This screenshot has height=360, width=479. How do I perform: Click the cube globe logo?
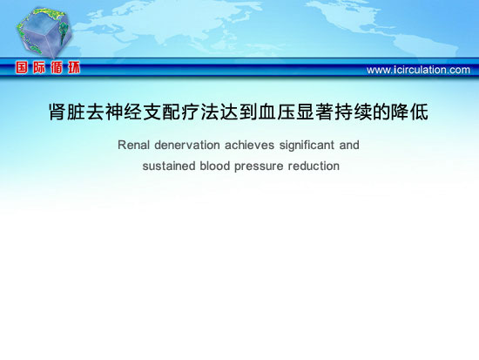click(44, 33)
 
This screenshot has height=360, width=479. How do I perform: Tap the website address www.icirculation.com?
click(418, 70)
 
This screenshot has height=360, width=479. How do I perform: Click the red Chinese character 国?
click(22, 67)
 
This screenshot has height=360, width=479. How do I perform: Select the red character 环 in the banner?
click(74, 67)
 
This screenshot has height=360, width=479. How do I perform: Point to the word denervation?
click(187, 145)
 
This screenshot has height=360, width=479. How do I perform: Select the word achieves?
click(249, 145)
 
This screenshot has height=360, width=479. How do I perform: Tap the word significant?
click(307, 146)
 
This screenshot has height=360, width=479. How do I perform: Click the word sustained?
click(169, 166)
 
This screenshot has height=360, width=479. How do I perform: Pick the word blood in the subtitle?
click(214, 166)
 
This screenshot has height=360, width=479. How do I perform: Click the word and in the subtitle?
click(349, 145)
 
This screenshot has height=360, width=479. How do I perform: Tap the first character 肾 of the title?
click(57, 112)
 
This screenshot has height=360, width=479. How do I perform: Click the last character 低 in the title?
click(419, 112)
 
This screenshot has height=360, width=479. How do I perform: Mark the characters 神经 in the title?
click(124, 112)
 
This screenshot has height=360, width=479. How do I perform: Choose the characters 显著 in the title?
click(314, 112)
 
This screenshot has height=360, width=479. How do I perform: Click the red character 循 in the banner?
click(57, 67)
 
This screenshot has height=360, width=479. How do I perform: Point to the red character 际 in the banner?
click(39, 67)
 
